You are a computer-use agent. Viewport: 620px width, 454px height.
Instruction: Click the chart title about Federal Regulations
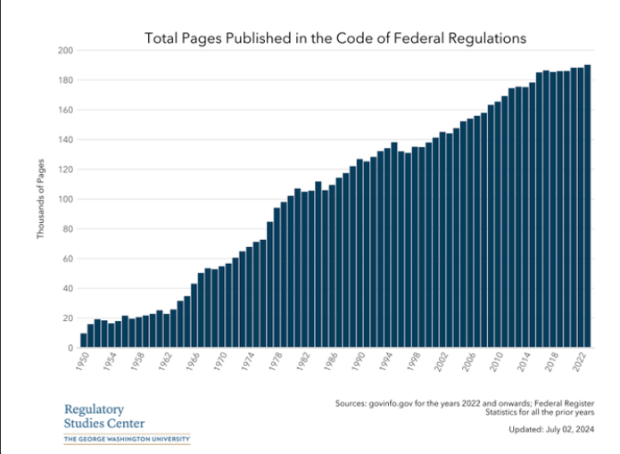[335, 38]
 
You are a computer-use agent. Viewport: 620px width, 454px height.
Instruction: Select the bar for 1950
[84, 341]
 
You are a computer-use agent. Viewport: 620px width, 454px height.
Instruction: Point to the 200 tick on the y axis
[65, 50]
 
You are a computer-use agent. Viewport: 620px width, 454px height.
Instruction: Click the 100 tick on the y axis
[65, 199]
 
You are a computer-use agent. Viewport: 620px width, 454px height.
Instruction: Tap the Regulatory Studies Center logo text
[103, 417]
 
